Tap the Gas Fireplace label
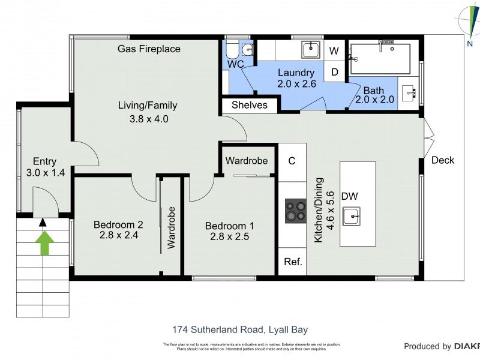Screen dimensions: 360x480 149,49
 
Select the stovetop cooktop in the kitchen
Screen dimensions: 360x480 295,211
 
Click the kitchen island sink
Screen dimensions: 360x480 351,215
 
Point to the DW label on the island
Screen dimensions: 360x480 350,196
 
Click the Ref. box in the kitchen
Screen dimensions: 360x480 292,262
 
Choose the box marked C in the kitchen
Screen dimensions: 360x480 292,161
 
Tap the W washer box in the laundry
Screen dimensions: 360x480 334,51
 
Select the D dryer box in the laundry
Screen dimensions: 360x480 334,72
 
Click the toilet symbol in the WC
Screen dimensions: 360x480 246,49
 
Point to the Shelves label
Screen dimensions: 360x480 249,106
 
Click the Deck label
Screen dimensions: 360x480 443,160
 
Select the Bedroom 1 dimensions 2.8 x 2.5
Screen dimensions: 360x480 229,236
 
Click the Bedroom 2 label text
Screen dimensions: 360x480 118,224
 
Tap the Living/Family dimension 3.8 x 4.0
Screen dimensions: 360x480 149,119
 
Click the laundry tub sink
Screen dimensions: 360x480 311,49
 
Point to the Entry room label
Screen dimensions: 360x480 44,161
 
